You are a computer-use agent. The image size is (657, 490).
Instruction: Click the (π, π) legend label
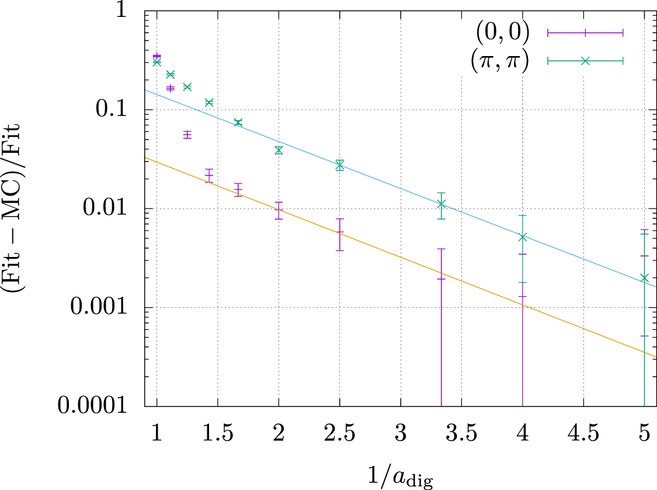coord(499,60)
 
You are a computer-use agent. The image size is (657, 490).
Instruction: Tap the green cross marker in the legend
coord(585,60)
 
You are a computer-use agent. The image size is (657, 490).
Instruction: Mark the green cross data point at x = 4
coord(522,237)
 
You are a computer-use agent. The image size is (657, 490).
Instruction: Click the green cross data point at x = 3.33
coord(441,204)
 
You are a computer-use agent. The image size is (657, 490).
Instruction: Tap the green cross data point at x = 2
coord(279,150)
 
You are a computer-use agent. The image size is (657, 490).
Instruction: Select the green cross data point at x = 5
coord(644,278)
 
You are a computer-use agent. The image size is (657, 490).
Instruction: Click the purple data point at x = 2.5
coord(339,232)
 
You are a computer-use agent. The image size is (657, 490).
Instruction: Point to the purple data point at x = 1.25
coord(187,135)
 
